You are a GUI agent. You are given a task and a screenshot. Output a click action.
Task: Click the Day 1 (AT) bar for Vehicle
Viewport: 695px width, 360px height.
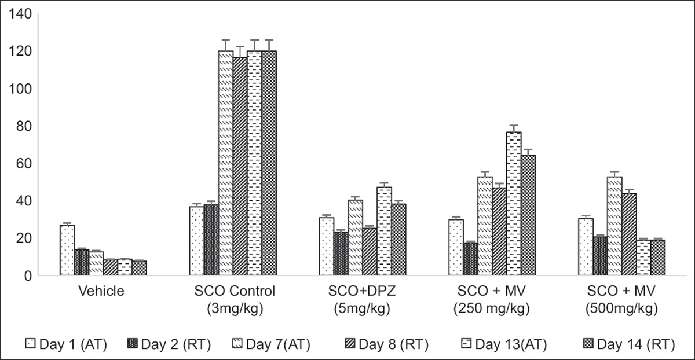(67, 250)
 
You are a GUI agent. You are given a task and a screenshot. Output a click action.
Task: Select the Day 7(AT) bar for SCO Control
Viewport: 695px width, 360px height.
(225, 163)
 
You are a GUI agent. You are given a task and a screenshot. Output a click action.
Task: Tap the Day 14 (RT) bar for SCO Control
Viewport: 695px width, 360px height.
(269, 163)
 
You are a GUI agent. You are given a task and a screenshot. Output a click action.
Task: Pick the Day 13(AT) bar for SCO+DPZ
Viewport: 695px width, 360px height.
(384, 231)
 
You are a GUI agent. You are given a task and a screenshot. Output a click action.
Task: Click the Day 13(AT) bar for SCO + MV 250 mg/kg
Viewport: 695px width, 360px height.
(514, 204)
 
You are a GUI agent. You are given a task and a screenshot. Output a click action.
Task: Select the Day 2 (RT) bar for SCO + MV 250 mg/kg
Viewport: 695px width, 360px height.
(470, 259)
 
